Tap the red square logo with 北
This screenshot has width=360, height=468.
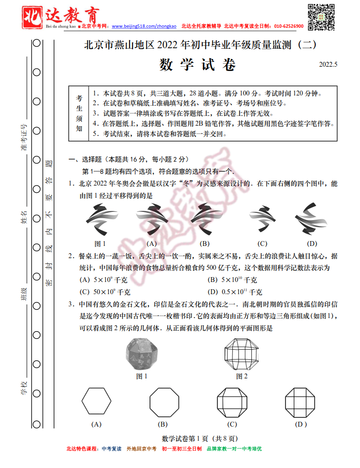pos(33,13)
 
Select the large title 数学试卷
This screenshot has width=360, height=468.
pos(197,65)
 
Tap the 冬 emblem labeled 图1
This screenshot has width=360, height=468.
pos(100,219)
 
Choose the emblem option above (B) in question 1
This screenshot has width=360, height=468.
pos(205,219)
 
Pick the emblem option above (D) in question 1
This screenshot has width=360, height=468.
pos(312,219)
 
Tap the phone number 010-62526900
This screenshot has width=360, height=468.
pos(289,26)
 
